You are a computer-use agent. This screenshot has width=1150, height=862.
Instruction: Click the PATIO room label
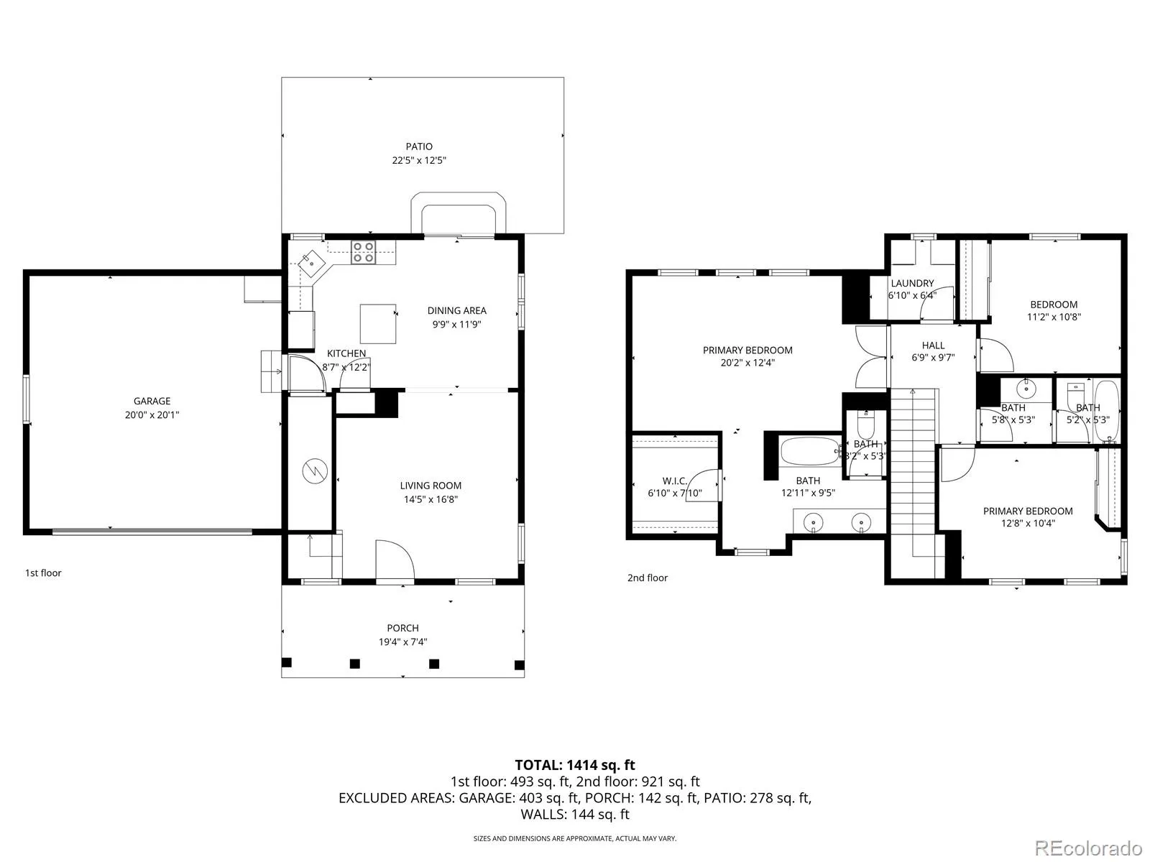(x=418, y=147)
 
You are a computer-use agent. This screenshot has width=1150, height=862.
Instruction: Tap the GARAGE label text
(x=152, y=401)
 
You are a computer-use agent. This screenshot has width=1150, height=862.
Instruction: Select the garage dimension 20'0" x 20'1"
(x=152, y=414)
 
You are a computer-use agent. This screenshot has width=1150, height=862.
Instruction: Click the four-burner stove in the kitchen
(x=363, y=251)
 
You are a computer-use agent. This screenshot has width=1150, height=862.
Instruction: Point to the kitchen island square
(x=378, y=324)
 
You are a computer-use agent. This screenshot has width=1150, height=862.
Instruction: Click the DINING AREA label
(x=457, y=310)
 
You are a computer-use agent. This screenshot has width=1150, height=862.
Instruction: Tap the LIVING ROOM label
(x=431, y=486)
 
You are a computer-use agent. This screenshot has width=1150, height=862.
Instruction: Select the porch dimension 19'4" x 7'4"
(x=403, y=641)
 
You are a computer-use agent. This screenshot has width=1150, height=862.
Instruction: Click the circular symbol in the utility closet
(x=315, y=471)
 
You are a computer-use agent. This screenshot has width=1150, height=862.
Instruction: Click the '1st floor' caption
(x=44, y=573)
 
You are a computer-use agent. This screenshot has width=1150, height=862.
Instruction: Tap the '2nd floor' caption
(x=648, y=578)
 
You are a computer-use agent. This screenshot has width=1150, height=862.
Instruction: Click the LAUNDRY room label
(x=912, y=283)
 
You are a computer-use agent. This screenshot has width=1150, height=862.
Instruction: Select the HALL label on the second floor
(x=933, y=346)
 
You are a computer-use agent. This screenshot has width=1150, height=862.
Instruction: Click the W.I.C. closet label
(x=674, y=481)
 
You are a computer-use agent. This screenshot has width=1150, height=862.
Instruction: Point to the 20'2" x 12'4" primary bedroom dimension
(x=747, y=362)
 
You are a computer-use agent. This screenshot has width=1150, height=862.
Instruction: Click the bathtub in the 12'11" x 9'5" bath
(x=810, y=451)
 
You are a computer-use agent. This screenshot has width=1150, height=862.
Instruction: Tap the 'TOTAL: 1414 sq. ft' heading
(x=575, y=765)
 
